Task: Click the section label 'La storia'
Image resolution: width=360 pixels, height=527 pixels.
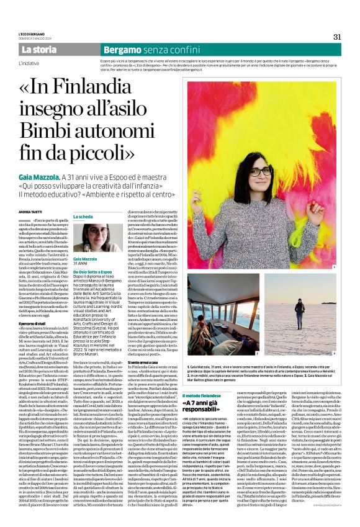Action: [39, 49]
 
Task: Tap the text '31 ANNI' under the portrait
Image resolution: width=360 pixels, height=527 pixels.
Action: [82, 263]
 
